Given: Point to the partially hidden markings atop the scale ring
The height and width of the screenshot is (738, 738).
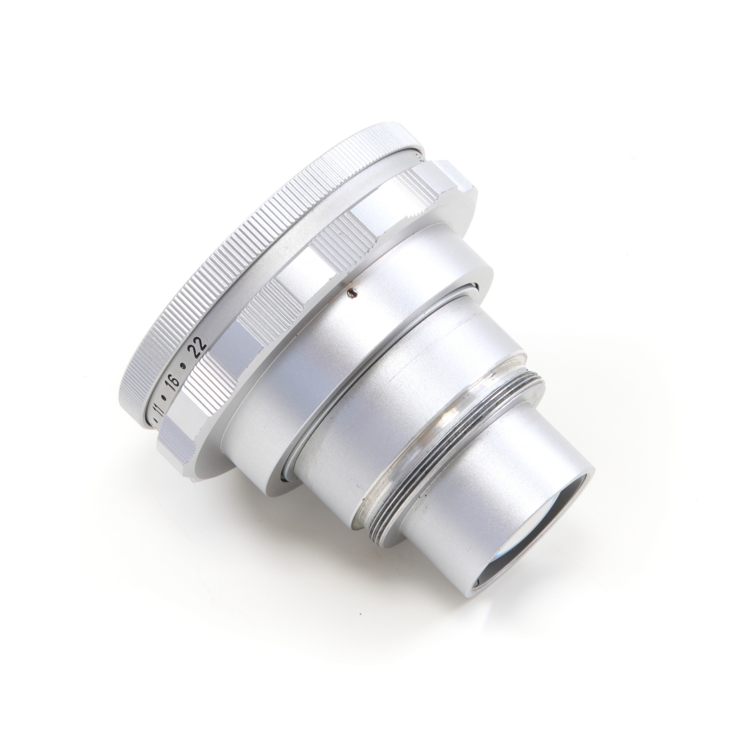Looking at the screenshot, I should point(418,157).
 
